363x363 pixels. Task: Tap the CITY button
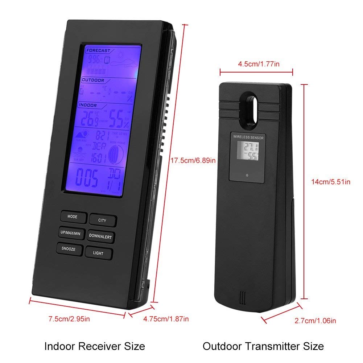coord(103,220)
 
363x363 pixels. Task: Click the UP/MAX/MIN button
coord(70,233)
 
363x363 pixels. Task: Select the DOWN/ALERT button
coord(100,236)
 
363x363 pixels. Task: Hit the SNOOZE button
coord(68,249)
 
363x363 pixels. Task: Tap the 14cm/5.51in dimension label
coord(331,182)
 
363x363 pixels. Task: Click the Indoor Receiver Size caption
coord(95,346)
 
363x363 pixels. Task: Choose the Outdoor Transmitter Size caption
coord(263,346)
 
